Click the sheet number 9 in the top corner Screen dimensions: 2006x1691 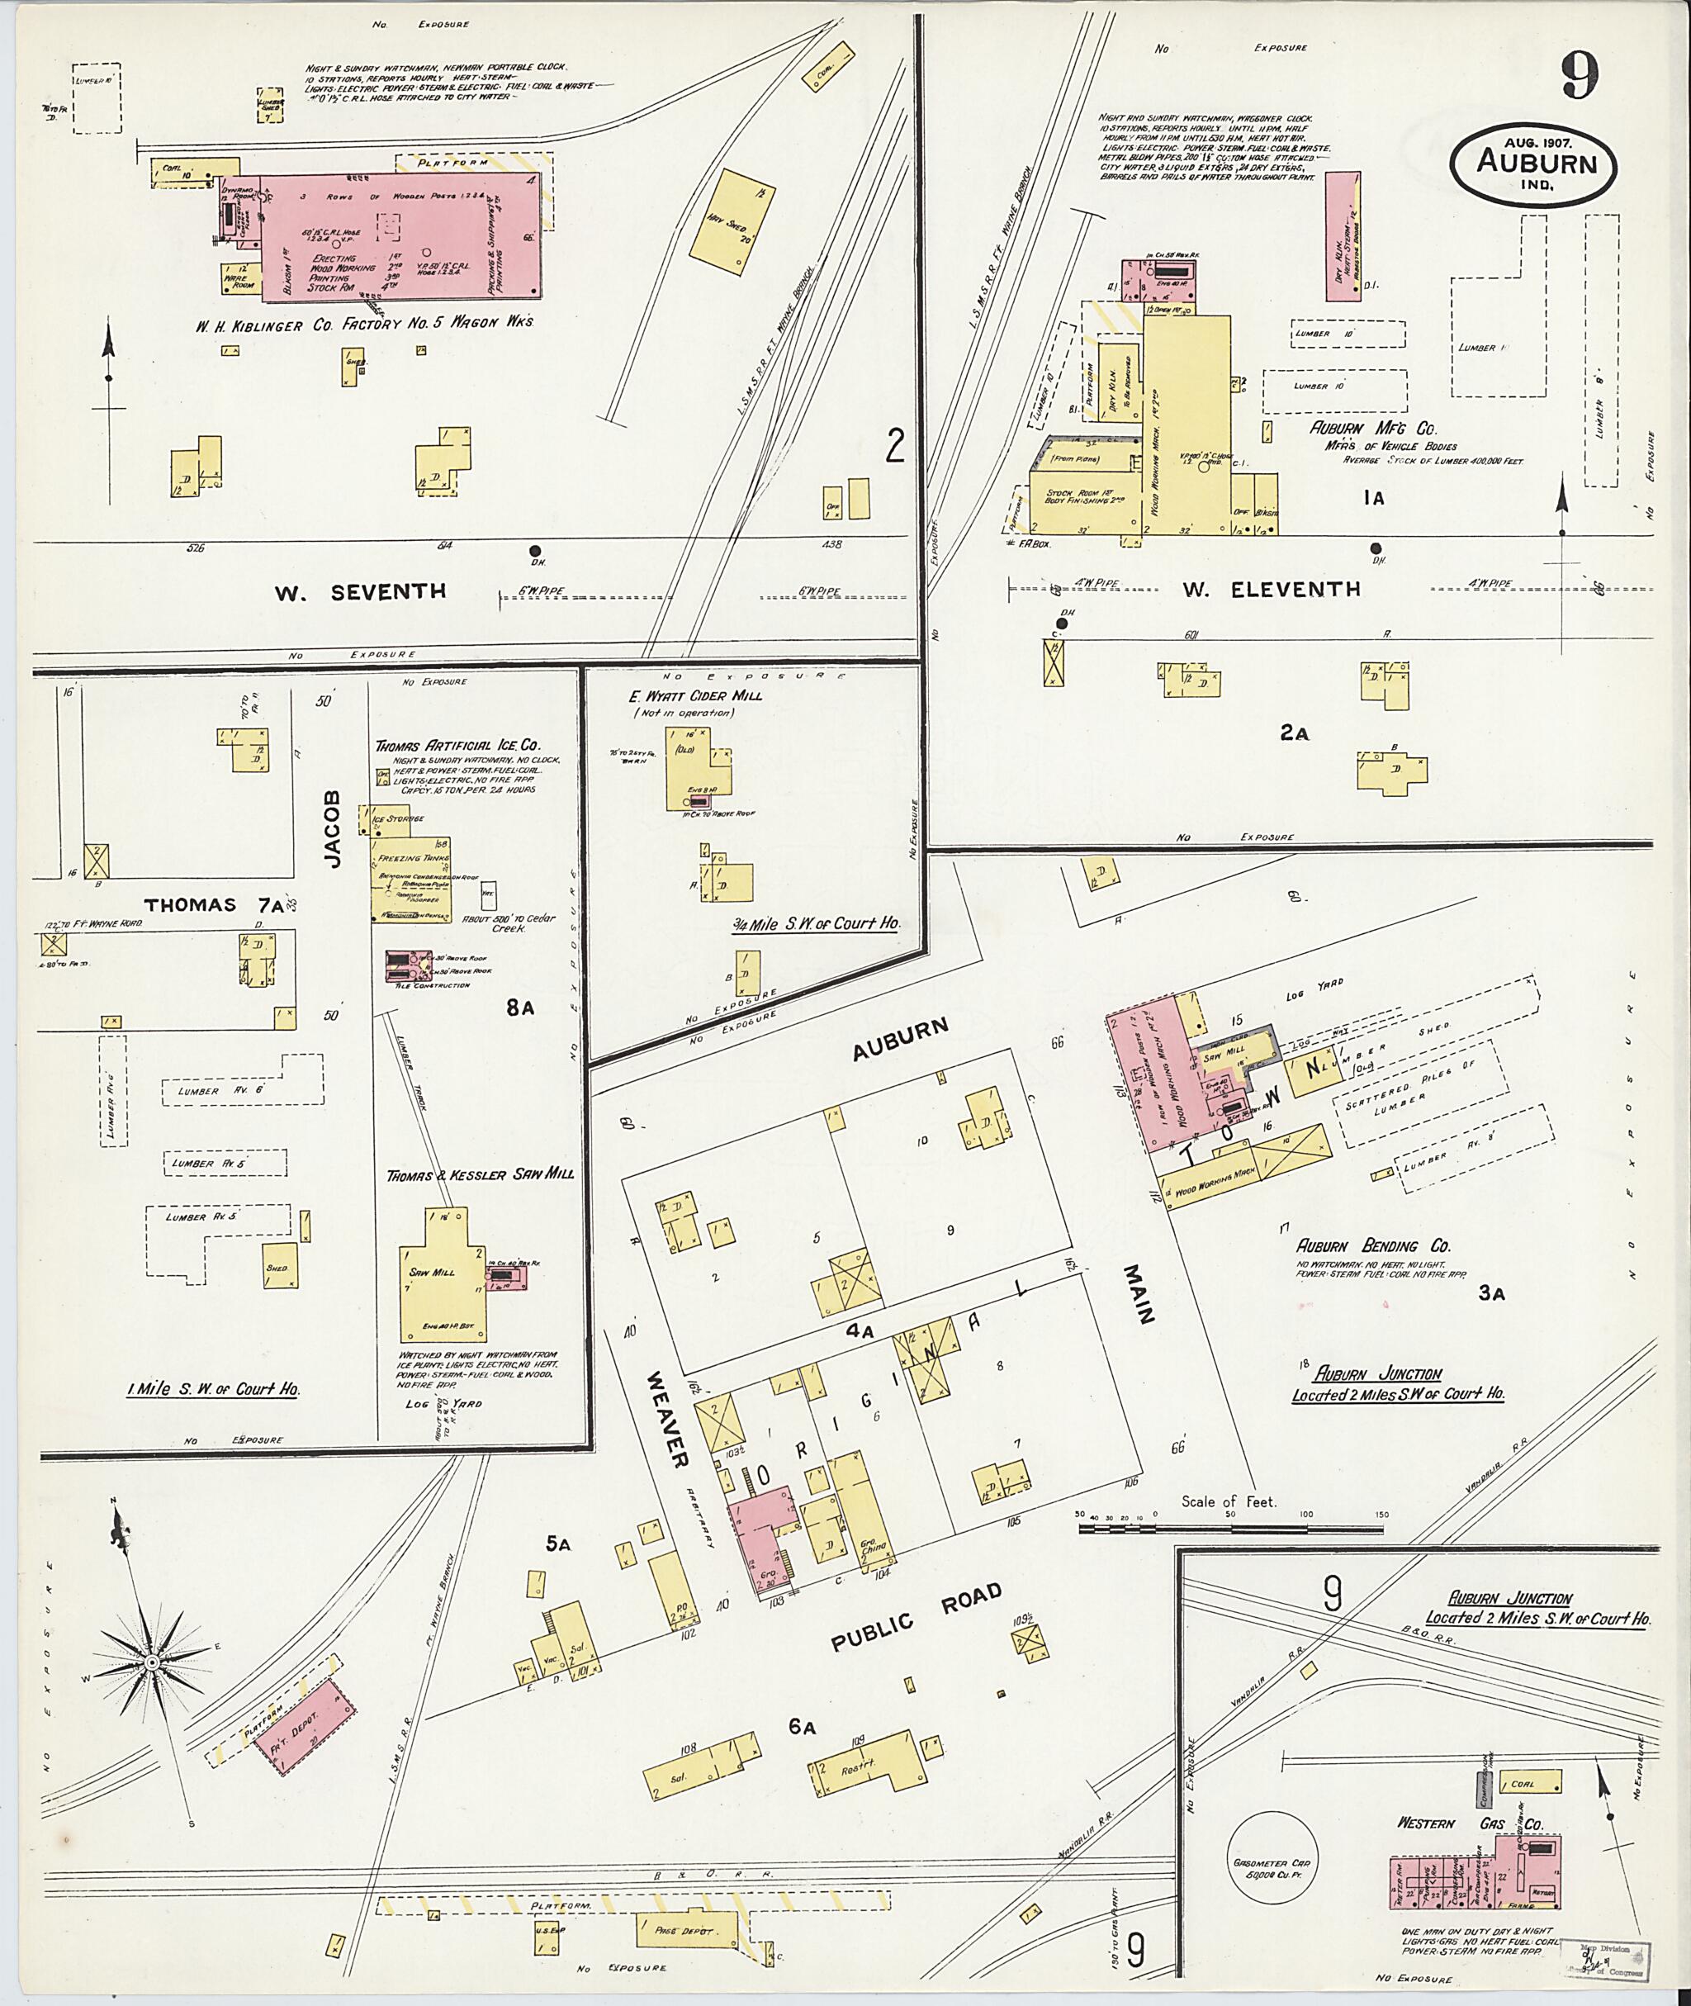1578,76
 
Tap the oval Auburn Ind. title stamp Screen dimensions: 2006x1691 1536,164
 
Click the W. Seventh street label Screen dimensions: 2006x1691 361,591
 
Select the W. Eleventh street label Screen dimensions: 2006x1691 1270,589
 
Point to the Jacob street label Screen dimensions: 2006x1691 332,829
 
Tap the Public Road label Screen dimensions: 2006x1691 916,1617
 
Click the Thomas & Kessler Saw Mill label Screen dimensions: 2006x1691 479,1174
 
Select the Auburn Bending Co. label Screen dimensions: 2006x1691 1373,1245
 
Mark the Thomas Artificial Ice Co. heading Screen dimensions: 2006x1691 457,744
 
